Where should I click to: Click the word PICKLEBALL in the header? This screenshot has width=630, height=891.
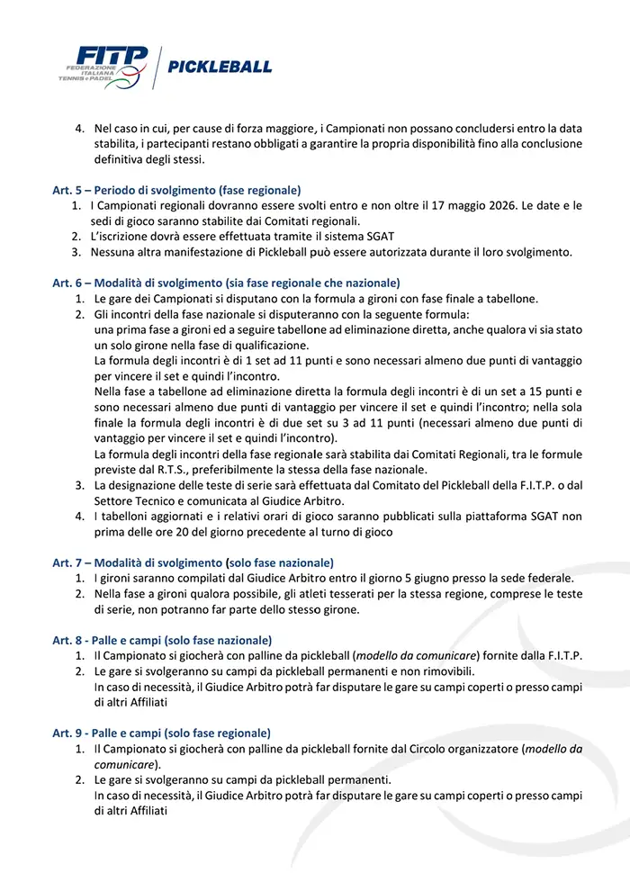(x=220, y=67)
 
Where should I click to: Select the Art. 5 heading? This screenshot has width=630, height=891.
(x=176, y=190)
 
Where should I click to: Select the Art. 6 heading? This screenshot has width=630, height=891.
(x=226, y=283)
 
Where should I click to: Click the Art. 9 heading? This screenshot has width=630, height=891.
(x=161, y=733)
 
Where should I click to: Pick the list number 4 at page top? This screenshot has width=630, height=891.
(x=78, y=128)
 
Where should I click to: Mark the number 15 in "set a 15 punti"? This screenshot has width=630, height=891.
(x=507, y=391)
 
